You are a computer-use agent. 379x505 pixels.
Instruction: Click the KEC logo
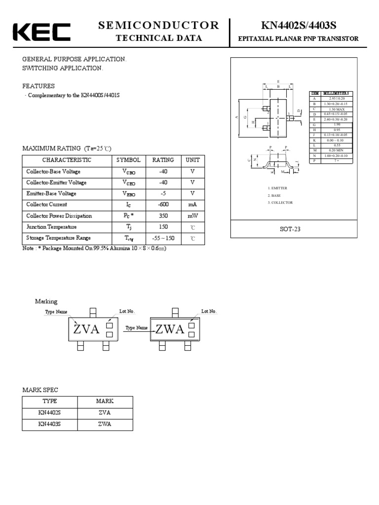coord(41,32)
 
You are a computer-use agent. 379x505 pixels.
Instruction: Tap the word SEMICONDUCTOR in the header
coord(158,26)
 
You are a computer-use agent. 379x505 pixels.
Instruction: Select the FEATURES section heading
coord(38,86)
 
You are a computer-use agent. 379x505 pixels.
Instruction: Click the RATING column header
coord(163,160)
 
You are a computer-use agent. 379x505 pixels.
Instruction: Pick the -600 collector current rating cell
coord(163,205)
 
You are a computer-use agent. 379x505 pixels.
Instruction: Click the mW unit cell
coord(192,216)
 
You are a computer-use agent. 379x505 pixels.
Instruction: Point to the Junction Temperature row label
coord(51,227)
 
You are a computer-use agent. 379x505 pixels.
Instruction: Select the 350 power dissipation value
coord(163,216)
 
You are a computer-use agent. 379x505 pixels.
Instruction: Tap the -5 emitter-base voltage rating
coord(163,193)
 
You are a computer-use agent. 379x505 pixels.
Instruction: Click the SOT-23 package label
coord(290,229)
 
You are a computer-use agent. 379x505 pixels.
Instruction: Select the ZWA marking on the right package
coord(170,329)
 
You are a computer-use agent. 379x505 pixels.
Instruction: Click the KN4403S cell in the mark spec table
coord(50,424)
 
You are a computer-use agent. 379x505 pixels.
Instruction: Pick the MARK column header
coord(105,401)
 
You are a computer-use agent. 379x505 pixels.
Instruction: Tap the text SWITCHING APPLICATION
coord(63,68)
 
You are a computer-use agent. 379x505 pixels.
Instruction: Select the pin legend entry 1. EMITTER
coord(278,188)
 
